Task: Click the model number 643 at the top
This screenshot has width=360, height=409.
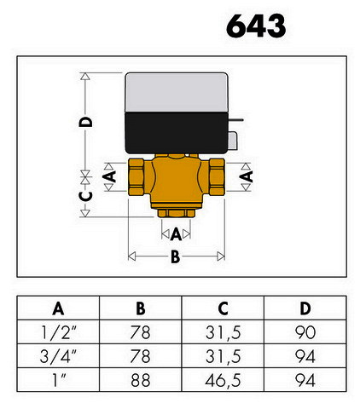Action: pyautogui.click(x=256, y=26)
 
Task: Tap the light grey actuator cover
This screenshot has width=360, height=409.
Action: pyautogui.click(x=177, y=93)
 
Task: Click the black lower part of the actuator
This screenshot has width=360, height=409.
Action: pyautogui.click(x=177, y=133)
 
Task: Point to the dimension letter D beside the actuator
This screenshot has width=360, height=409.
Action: pyautogui.click(x=86, y=122)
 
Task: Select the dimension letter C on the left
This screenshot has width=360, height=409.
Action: pyautogui.click(x=86, y=196)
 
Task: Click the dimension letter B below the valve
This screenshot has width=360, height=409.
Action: pyautogui.click(x=176, y=256)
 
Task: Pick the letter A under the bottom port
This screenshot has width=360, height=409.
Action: pyautogui.click(x=176, y=234)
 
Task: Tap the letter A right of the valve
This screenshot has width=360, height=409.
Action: pyautogui.click(x=247, y=176)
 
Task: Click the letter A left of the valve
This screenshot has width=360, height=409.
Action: pyautogui.click(x=109, y=176)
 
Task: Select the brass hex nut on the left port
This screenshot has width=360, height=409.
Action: pyautogui.click(x=136, y=177)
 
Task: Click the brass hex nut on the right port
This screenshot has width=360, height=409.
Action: pyautogui.click(x=217, y=177)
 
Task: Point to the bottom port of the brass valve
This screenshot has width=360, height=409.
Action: pyautogui.click(x=177, y=213)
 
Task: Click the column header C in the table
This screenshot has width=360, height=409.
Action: pyautogui.click(x=223, y=308)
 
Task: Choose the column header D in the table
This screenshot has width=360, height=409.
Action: pyautogui.click(x=305, y=308)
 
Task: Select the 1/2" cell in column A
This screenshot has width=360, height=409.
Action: pyautogui.click(x=59, y=332)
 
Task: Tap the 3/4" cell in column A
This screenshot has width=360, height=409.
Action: pyautogui.click(x=58, y=356)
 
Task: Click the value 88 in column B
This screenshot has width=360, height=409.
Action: pyautogui.click(x=141, y=380)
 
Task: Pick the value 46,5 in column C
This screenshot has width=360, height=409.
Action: pyautogui.click(x=223, y=380)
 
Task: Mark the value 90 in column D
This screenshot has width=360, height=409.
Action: pyautogui.click(x=305, y=332)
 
